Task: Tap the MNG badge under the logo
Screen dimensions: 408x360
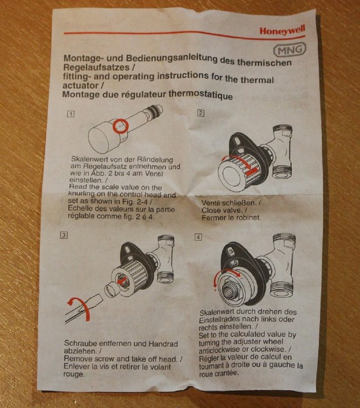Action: [x=287, y=50]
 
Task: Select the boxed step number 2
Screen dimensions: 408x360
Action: [x=201, y=113]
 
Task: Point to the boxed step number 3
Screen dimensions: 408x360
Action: [x=64, y=235]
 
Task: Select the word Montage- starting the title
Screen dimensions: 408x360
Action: [x=85, y=59]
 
